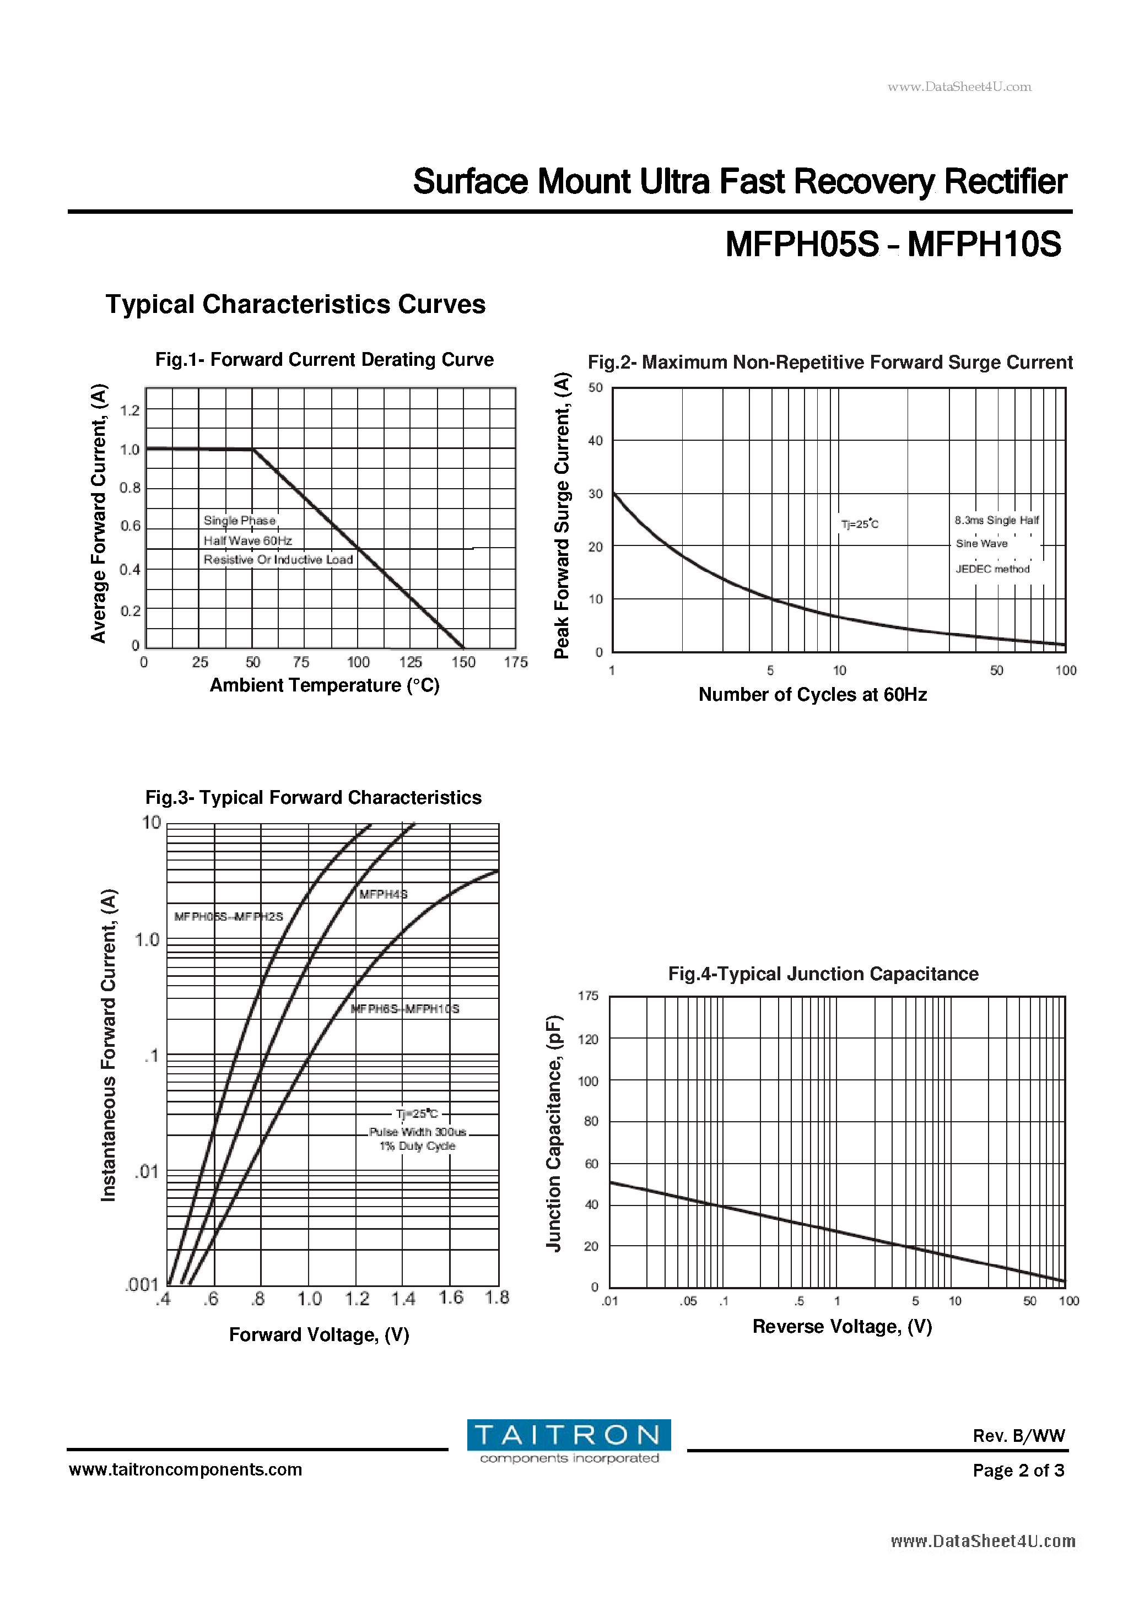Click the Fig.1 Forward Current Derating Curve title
(324, 360)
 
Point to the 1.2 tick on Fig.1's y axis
(130, 410)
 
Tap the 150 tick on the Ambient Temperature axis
(463, 662)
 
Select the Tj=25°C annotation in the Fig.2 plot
(860, 524)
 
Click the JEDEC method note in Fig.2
(992, 569)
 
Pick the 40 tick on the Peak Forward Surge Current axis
(595, 441)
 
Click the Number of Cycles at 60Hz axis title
(813, 695)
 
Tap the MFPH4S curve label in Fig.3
(383, 894)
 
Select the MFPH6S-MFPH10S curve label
(405, 1009)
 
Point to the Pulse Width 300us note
(418, 1132)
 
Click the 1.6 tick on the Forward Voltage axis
(451, 1298)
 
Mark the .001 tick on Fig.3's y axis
(142, 1285)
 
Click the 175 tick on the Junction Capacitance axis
(588, 996)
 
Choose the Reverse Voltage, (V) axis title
(842, 1327)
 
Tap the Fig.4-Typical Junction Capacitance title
(823, 974)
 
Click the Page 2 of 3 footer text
(1018, 1471)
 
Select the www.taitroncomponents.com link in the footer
(185, 1470)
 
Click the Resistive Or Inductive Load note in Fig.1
(278, 560)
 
